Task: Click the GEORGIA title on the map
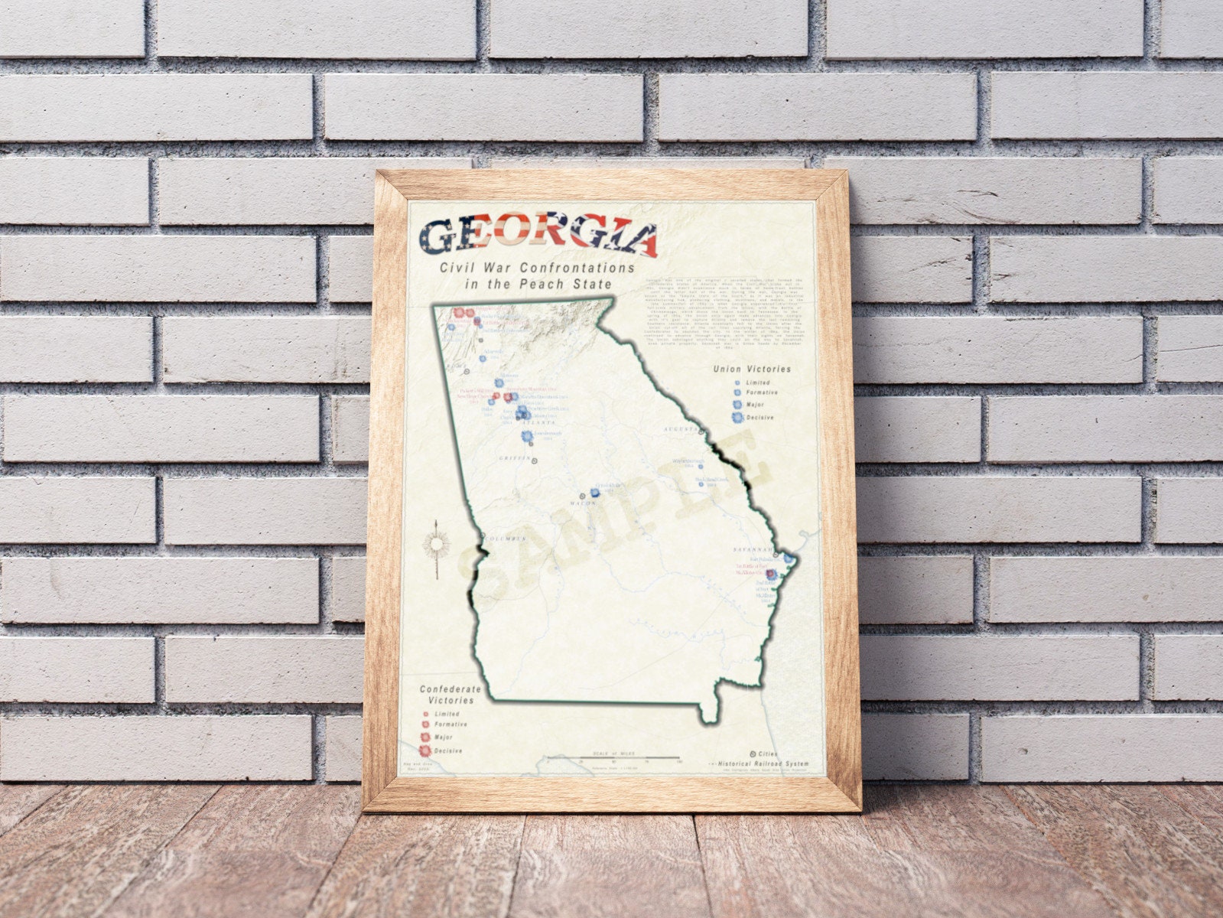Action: [538, 239]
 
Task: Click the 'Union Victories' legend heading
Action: [752, 369]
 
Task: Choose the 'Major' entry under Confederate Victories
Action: [444, 737]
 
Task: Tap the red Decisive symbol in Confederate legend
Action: [424, 750]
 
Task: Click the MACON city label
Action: [583, 504]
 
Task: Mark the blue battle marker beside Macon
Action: [595, 493]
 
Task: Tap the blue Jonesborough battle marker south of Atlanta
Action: [527, 437]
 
